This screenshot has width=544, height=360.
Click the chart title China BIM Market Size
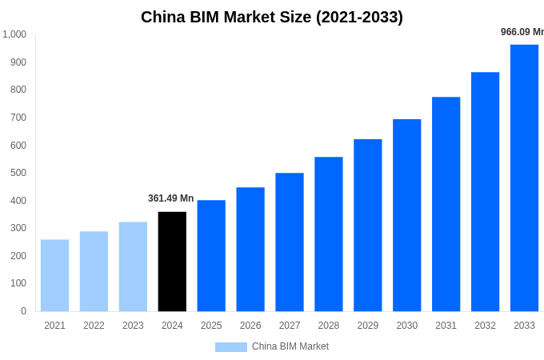(x=272, y=17)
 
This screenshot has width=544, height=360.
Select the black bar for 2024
(x=172, y=262)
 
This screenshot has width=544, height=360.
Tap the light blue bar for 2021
(x=54, y=275)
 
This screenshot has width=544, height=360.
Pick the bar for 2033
(x=524, y=178)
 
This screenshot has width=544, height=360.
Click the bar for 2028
(x=328, y=234)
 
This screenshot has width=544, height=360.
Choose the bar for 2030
(x=406, y=215)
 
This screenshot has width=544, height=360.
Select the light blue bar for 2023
(x=133, y=266)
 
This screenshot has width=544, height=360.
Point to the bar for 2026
(x=250, y=249)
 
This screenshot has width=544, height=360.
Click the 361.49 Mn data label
(x=170, y=198)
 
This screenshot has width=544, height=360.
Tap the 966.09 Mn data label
(x=522, y=32)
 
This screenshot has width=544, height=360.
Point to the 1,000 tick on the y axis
(x=14, y=34)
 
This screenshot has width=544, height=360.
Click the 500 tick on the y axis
(x=18, y=173)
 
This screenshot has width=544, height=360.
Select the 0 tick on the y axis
(x=23, y=311)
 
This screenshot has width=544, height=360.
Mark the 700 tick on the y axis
(x=18, y=118)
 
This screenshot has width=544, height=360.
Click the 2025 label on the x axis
(x=211, y=326)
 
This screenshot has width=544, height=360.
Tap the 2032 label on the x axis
(x=485, y=326)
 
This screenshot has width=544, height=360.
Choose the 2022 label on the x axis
(x=94, y=326)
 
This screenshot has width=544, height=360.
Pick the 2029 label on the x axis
(x=367, y=326)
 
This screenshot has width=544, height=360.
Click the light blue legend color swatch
(x=230, y=347)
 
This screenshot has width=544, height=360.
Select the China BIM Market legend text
(x=290, y=346)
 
